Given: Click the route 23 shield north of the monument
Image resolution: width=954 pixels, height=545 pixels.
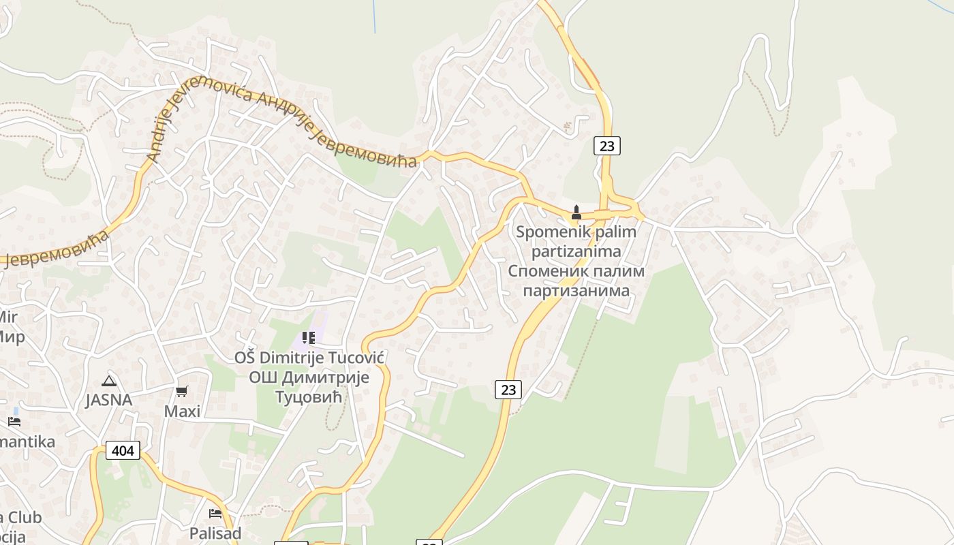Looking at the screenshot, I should pyautogui.click(x=606, y=146).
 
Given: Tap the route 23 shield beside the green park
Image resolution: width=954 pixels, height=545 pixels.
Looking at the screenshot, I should pyautogui.click(x=508, y=389).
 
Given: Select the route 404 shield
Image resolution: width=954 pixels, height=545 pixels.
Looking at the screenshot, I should pyautogui.click(x=123, y=450).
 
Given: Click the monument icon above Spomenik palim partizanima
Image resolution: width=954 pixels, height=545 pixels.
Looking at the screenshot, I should pyautogui.click(x=576, y=213).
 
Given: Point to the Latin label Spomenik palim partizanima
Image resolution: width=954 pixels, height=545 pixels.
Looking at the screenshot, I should pyautogui.click(x=576, y=241).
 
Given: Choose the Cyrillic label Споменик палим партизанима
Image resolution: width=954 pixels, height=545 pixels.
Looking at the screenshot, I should pyautogui.click(x=576, y=281).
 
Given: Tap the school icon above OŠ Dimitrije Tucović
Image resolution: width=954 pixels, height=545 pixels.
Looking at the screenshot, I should pyautogui.click(x=309, y=338).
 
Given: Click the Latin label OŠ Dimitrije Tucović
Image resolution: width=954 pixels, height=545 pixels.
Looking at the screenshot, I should pyautogui.click(x=310, y=358).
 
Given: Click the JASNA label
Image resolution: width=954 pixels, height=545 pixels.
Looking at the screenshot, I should pyautogui.click(x=108, y=400).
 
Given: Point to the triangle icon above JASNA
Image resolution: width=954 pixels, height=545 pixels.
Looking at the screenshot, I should pyautogui.click(x=108, y=381).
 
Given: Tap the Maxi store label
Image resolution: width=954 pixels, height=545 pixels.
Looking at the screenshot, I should pyautogui.click(x=182, y=411).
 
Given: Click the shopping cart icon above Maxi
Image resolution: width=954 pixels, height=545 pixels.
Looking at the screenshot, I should pyautogui.click(x=181, y=392).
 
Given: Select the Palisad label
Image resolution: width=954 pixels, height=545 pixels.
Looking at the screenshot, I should pyautogui.click(x=215, y=533).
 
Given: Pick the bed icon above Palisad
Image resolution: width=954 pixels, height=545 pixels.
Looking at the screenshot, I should pyautogui.click(x=215, y=513).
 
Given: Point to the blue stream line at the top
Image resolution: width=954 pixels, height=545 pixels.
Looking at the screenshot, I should pyautogui.click(x=374, y=16).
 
